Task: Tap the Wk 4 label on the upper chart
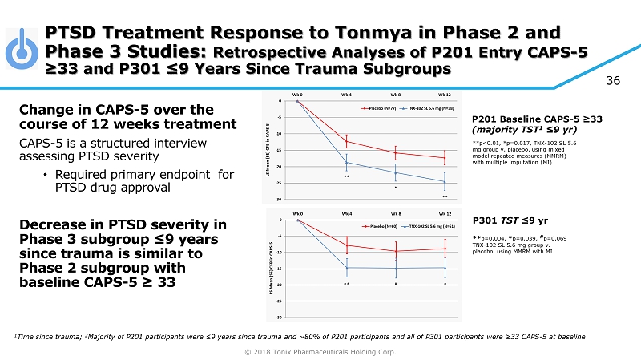tap(347, 95)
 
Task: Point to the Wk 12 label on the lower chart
tap(445, 214)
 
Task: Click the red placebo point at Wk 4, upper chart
tap(347, 142)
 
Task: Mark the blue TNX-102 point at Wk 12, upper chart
tap(445, 181)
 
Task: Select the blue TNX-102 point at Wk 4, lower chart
tap(347, 268)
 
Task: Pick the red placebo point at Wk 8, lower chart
tap(396, 251)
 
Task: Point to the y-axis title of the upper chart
tap(272, 149)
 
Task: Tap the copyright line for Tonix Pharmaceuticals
tap(320, 352)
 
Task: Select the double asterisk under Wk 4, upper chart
tap(347, 176)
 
